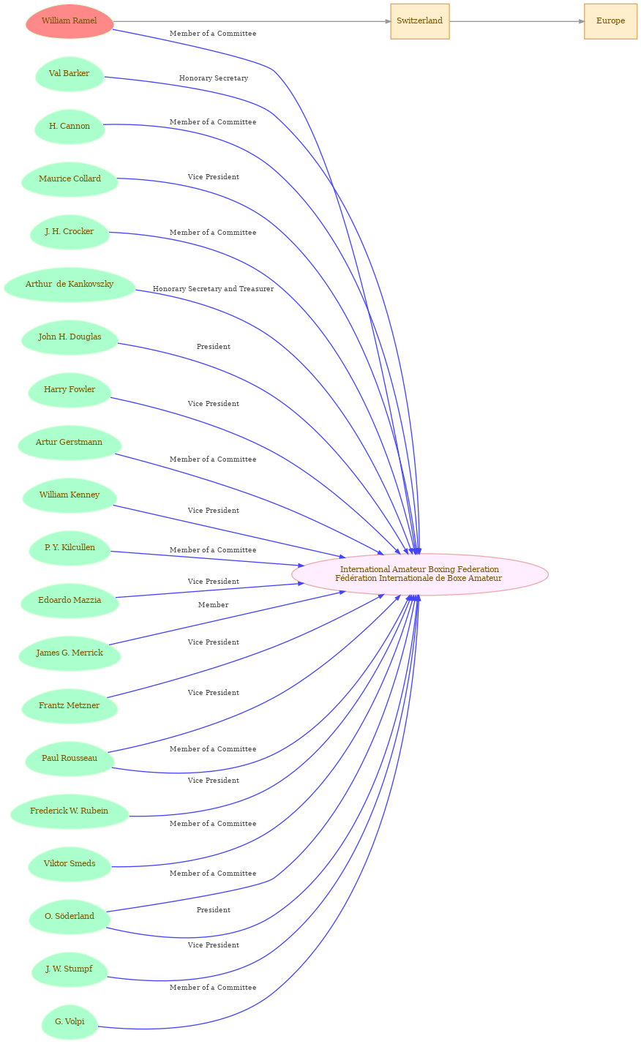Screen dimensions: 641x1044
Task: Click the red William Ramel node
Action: [x=70, y=21]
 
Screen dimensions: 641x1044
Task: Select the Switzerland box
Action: [x=419, y=21]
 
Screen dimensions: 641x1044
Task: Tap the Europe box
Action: [x=610, y=21]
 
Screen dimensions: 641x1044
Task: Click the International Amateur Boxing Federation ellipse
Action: [x=419, y=574]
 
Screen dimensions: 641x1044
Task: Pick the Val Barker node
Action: [x=70, y=74]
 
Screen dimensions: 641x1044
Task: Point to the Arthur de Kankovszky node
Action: [x=70, y=285]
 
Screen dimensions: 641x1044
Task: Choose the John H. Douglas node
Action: [x=70, y=337]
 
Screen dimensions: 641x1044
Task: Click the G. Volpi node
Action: [x=70, y=1022]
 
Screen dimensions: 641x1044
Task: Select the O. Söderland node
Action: [x=70, y=917]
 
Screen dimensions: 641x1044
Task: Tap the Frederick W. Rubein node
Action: [x=70, y=811]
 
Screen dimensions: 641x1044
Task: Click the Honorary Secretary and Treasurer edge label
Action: [x=213, y=289]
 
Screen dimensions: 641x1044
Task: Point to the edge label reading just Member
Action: [x=213, y=605]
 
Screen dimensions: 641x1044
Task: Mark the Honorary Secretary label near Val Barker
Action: [x=214, y=78]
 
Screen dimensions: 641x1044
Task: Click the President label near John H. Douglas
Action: [x=214, y=347]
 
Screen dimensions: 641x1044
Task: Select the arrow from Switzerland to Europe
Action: [x=517, y=21]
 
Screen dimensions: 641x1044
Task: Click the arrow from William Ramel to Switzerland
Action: [x=252, y=21]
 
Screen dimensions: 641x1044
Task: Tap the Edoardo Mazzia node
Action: [x=70, y=601]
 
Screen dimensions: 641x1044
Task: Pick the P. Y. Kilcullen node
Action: [x=70, y=548]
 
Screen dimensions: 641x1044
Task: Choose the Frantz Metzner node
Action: [x=70, y=706]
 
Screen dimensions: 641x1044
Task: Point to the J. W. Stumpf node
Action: [x=70, y=969]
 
